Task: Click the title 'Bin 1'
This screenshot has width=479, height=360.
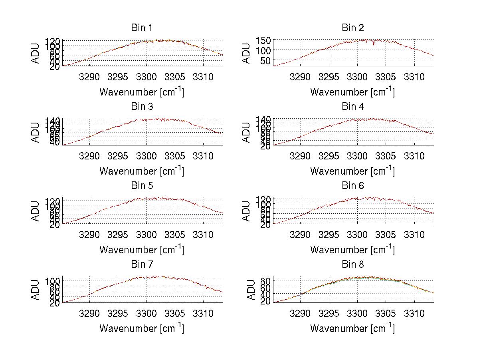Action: (141, 28)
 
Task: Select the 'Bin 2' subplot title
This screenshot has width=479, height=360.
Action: (352, 28)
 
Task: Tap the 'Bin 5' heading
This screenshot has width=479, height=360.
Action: (141, 186)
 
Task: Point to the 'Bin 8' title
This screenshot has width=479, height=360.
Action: (352, 265)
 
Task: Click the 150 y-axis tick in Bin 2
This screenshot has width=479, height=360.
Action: (266, 40)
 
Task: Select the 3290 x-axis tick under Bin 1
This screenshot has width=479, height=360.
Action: (89, 77)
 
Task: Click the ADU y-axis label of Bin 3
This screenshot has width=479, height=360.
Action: (36, 132)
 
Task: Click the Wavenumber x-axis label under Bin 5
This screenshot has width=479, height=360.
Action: (141, 250)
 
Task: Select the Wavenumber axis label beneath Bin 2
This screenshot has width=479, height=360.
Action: (352, 92)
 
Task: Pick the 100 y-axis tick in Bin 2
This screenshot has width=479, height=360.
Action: (266, 50)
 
